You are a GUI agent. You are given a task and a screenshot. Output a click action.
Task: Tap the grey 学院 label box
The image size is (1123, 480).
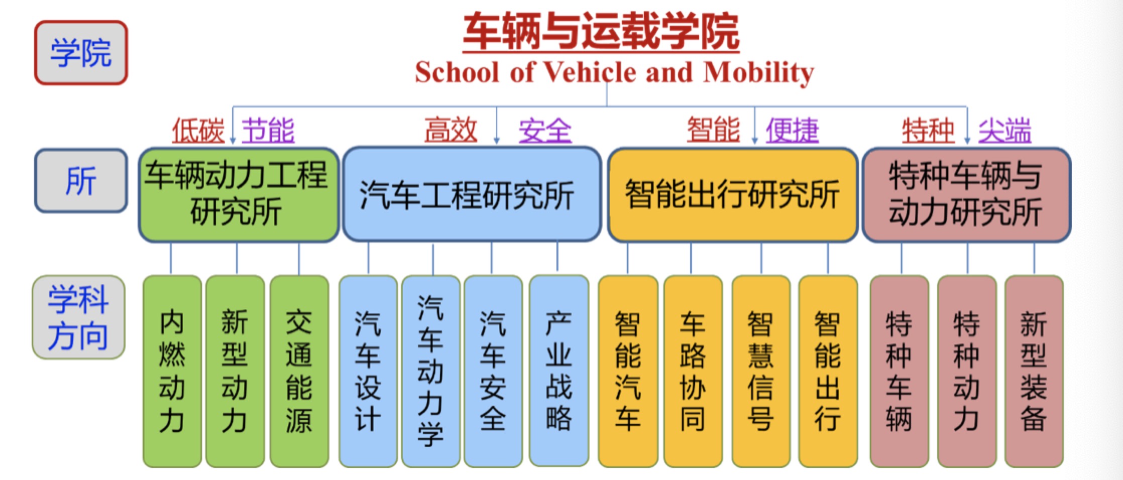[81, 53]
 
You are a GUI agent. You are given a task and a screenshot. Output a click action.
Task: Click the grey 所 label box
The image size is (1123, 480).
[81, 181]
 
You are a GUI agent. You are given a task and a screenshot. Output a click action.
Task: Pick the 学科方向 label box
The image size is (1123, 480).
[79, 317]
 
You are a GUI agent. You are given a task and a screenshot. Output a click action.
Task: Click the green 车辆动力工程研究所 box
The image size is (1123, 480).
[239, 195]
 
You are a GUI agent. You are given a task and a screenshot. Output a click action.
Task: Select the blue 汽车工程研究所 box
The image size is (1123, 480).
[472, 194]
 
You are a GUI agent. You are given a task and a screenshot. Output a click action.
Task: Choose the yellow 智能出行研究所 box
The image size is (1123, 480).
[732, 195]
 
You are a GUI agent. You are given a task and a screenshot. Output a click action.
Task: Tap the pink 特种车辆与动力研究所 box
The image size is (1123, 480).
[966, 195]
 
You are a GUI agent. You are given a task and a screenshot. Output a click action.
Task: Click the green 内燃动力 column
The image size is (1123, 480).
[172, 371]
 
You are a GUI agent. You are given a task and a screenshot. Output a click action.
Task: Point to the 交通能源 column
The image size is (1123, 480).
[299, 371]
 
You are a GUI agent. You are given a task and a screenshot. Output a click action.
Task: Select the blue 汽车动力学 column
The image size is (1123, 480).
[431, 371]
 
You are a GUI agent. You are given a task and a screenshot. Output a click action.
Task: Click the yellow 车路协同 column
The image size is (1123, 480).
[693, 371]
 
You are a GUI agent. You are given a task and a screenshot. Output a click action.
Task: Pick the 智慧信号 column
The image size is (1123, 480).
[761, 371]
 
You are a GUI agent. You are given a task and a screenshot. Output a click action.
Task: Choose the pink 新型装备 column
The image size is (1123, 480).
[1034, 371]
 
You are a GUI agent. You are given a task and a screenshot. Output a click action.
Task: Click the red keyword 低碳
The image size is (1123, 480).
[198, 131]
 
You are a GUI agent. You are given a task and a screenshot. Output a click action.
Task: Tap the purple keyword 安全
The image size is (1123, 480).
[545, 131]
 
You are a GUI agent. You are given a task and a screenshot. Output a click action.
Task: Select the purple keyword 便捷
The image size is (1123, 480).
[792, 131]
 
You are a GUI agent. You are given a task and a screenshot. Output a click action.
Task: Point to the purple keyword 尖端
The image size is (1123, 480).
[1004, 131]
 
